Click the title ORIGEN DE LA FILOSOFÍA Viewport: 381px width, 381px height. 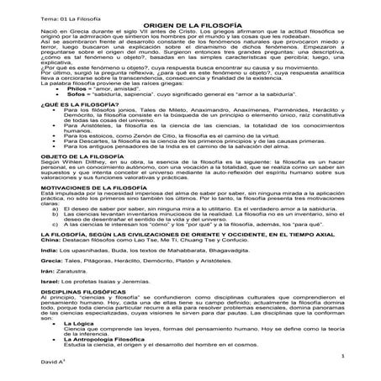191,28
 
